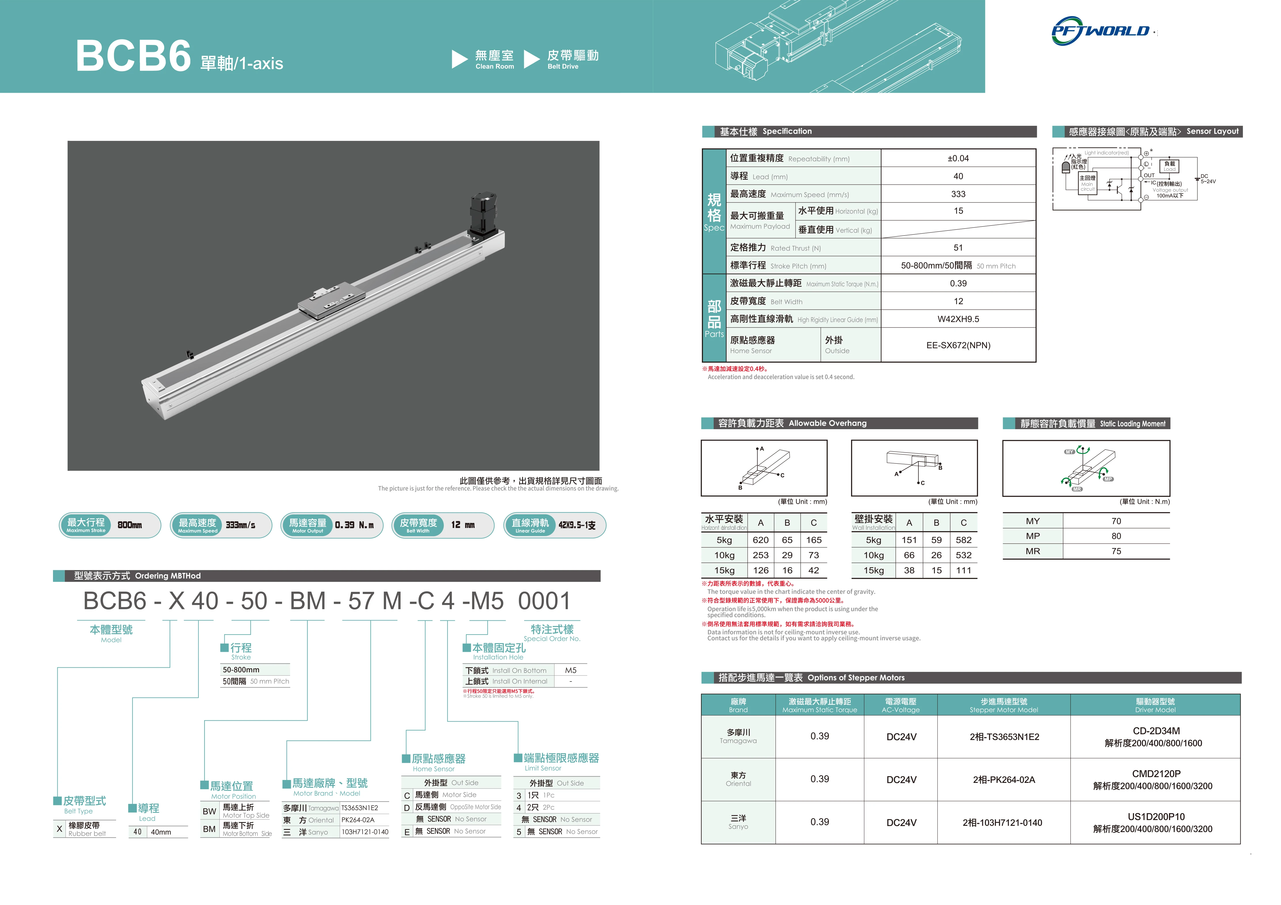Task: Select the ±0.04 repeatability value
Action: pos(958,158)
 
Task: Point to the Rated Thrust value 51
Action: pos(958,248)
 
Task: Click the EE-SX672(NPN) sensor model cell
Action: pos(958,345)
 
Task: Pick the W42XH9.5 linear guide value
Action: pos(958,319)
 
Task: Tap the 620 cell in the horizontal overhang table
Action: pos(761,540)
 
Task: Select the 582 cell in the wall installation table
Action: pos(964,540)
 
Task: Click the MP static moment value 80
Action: pos(1116,536)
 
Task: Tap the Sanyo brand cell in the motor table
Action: pos(738,822)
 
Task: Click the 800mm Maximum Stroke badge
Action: pos(110,525)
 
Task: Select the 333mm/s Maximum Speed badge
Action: pos(221,525)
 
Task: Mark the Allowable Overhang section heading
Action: pos(792,423)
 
